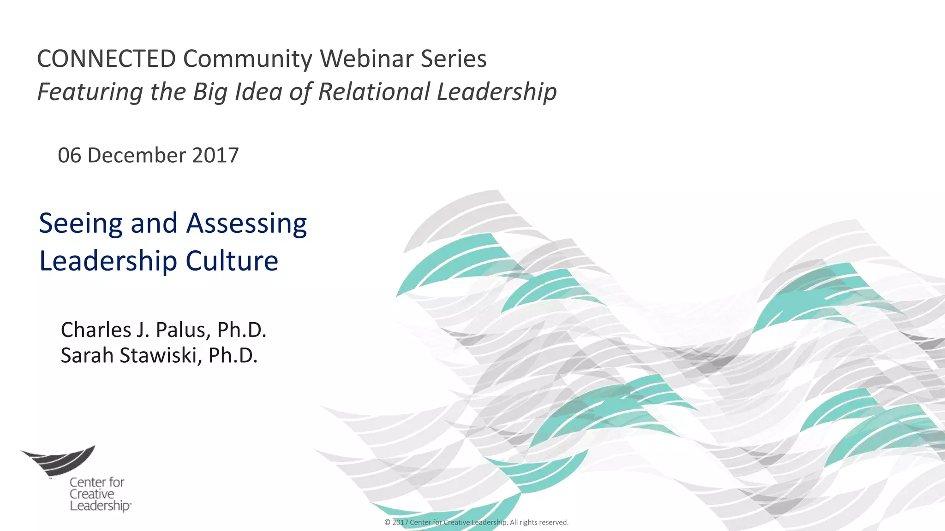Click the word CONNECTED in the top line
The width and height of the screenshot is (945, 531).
pos(106,59)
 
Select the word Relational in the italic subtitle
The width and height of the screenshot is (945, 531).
pos(374,91)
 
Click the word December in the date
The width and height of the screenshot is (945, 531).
pos(136,155)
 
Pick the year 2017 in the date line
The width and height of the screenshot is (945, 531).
pos(215,155)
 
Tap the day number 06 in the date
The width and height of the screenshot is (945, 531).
pos(69,155)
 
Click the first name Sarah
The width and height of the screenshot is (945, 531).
pos(87,355)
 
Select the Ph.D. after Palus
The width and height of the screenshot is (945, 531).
pos(241,330)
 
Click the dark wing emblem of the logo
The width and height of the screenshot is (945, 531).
pos(60,459)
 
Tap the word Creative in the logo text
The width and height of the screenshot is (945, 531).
pos(92,494)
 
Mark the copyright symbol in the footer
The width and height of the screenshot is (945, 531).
pos(387,523)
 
